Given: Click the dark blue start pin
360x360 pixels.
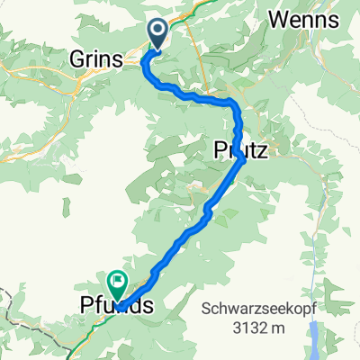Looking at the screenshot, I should (157, 34).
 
